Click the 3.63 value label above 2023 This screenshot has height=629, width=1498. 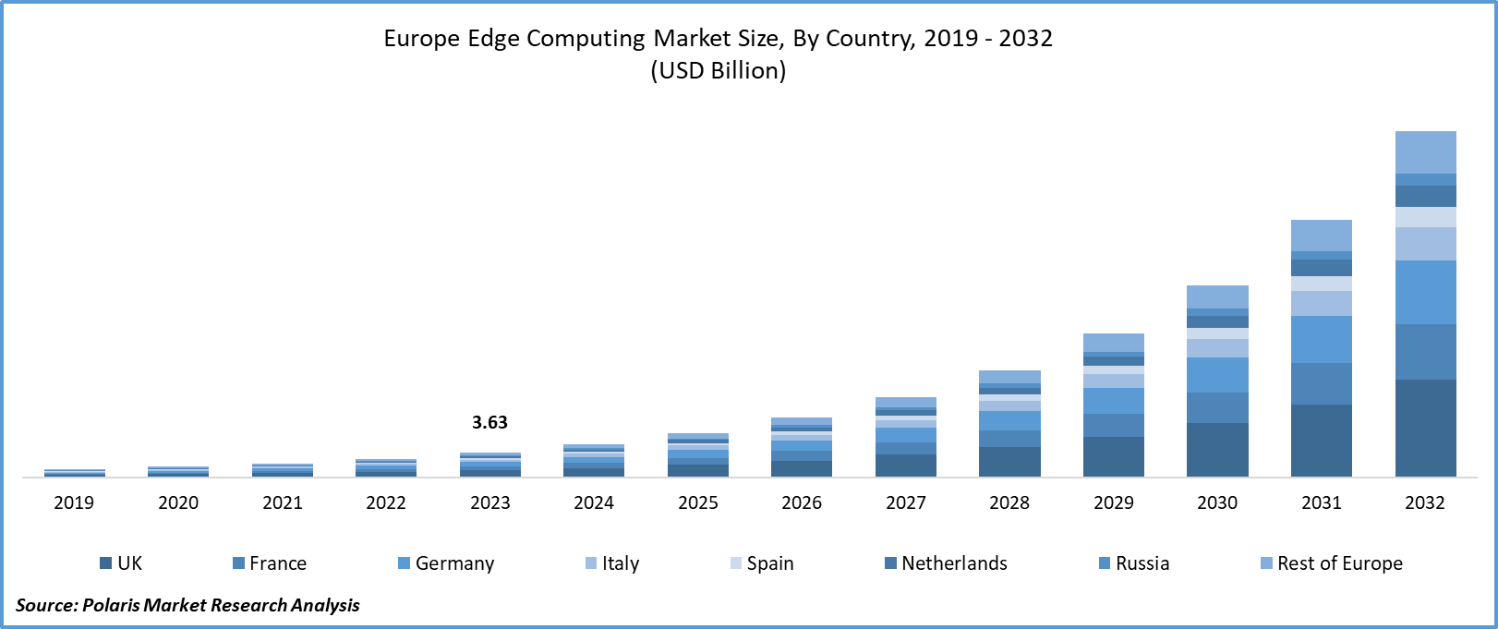click(x=489, y=422)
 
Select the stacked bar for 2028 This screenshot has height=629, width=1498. click(x=1009, y=424)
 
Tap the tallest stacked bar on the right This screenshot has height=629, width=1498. click(x=1425, y=304)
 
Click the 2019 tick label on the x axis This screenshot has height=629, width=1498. click(x=74, y=502)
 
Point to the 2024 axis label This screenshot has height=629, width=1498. click(x=594, y=502)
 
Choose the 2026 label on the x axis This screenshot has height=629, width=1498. click(x=802, y=502)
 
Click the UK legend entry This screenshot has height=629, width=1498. click(x=121, y=563)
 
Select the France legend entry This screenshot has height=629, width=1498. click(x=269, y=563)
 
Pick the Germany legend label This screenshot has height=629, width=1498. click(x=446, y=563)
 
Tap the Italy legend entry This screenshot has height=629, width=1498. click(x=612, y=563)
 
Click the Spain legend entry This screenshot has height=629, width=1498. click(x=762, y=563)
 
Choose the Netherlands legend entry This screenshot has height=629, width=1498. click(x=946, y=563)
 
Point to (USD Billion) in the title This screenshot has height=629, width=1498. click(x=719, y=71)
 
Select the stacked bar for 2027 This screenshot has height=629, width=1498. click(x=906, y=437)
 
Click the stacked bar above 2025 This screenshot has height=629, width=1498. click(x=698, y=455)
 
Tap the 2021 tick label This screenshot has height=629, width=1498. click(x=283, y=502)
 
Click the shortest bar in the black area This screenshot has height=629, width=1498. click(x=1113, y=405)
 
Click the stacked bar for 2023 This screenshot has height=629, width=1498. click(x=490, y=465)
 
